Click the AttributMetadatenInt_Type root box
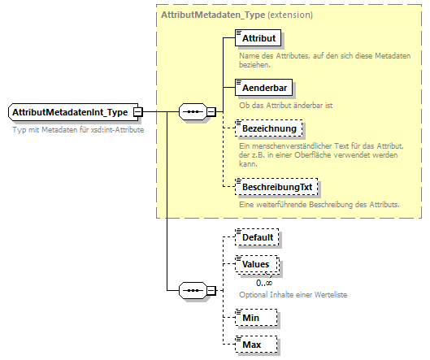coord(70,111)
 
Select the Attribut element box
coord(257,38)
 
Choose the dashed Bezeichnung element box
coord(267,128)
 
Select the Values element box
coord(256,264)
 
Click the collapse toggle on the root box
coord(138,111)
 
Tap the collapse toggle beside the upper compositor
coord(211,111)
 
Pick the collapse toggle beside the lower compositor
coord(211,290)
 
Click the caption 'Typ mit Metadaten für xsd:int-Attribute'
coord(79,130)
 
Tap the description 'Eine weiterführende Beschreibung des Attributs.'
coord(319,204)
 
